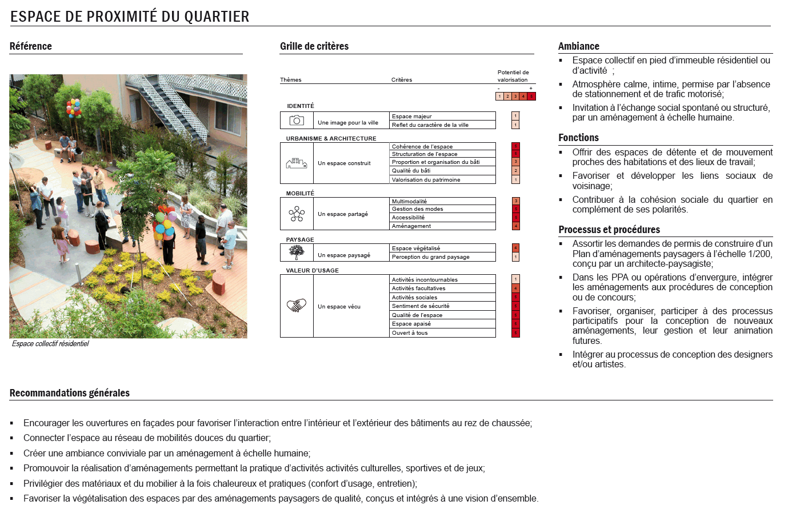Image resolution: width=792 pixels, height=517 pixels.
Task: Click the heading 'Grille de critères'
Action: coord(314,46)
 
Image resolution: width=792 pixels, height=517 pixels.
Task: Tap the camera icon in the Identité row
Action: coord(297,120)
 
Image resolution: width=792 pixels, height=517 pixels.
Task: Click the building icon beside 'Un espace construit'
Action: coord(297,163)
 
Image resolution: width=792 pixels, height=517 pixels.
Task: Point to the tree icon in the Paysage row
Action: coord(297,252)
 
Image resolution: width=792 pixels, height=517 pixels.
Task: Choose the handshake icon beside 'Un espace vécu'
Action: coord(297,306)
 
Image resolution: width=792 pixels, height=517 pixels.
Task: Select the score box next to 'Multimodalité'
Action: coord(515,201)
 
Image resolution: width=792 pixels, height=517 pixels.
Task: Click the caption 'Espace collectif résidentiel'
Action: coord(50,344)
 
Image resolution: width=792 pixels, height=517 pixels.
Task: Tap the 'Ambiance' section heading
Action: coord(579,46)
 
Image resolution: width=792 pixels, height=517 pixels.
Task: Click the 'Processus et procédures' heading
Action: coord(609,230)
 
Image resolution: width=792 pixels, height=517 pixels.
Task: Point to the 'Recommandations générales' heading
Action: coord(70,393)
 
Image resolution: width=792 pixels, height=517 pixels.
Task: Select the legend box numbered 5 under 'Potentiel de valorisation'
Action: coord(531,96)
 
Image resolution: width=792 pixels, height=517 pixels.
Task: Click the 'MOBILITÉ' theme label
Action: coord(300,193)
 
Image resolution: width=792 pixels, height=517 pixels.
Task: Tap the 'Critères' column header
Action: coord(402,80)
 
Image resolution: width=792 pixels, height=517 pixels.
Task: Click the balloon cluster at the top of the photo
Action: coord(74,107)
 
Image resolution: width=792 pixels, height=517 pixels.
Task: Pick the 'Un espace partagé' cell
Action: coord(343,214)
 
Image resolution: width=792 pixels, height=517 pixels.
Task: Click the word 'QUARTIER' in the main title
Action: coord(217,17)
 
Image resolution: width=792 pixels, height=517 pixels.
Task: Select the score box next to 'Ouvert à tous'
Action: coord(515,332)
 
